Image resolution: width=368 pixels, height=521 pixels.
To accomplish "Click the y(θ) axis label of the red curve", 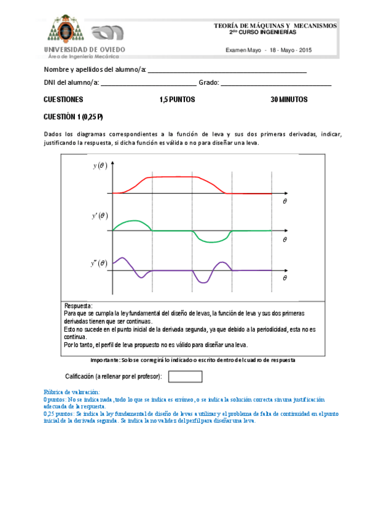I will [x=100, y=165].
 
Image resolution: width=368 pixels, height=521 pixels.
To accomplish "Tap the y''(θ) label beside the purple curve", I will [x=99, y=263].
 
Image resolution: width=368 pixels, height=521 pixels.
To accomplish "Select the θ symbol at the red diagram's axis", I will [x=284, y=201].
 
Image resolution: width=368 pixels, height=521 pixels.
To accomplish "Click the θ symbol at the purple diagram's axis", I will [x=284, y=278].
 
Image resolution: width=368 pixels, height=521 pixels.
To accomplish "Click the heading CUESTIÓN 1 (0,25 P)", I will [x=73, y=117].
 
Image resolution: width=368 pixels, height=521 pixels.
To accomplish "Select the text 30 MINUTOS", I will [x=289, y=100].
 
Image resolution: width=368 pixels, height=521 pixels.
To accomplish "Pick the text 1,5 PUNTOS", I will [x=177, y=100].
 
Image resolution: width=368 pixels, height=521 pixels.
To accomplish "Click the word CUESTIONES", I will [x=63, y=100].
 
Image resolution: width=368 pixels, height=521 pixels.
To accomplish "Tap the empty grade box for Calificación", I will [x=185, y=376].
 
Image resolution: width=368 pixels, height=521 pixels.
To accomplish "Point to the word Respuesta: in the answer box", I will [x=78, y=305].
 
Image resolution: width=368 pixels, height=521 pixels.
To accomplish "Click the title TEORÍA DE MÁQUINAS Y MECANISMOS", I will [x=275, y=26].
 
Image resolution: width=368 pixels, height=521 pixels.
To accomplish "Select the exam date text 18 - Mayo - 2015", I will [x=290, y=50].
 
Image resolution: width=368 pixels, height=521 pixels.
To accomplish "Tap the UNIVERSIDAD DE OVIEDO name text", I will [x=84, y=49].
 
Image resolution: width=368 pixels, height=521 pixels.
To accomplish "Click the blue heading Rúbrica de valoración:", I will [x=71, y=392].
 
